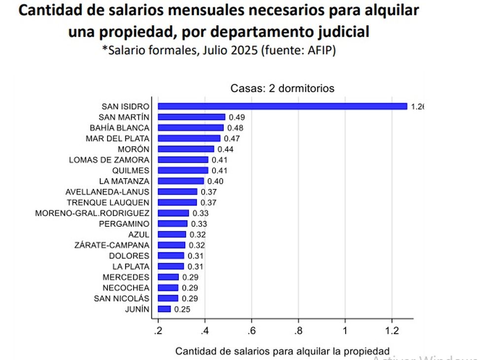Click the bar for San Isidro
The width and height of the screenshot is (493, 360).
coord(282,106)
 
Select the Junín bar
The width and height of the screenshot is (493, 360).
coord(164,309)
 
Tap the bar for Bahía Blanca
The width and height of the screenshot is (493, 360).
coord(190,128)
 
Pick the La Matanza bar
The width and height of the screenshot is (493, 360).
coord(180,181)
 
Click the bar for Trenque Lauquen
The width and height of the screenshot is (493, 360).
coord(177,203)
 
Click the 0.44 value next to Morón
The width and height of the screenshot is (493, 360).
coord(225,149)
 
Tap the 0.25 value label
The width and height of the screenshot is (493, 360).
coord(181,310)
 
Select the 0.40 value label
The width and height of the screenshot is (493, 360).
coord(214,181)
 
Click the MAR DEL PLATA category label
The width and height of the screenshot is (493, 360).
coord(117,138)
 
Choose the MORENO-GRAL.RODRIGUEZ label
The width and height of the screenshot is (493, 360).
coord(93,213)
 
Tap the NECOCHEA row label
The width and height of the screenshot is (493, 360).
coord(126,288)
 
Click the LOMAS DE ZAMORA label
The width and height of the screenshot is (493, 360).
coord(109,160)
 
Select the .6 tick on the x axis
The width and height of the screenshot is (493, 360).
coord(251,329)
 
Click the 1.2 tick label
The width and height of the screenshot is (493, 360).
coord(391,329)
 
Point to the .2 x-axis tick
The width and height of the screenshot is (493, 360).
coord(158,329)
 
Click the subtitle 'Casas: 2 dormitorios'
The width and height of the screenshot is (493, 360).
coord(282,89)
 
